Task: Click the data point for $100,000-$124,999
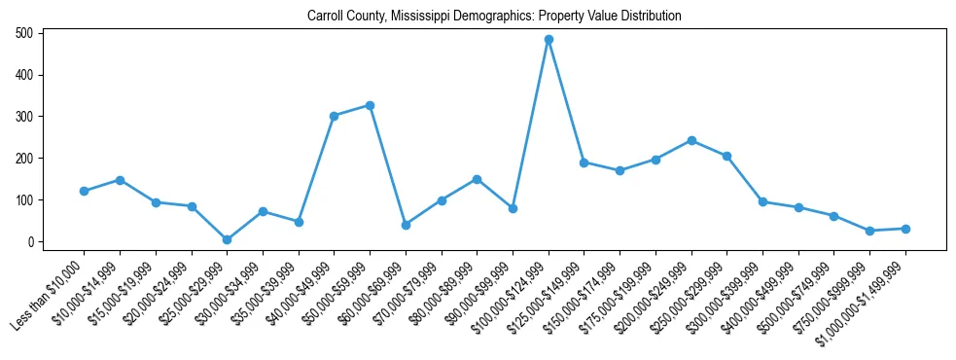click(549, 40)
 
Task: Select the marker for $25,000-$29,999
click(227, 239)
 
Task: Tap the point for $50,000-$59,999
click(370, 105)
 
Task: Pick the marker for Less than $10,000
click(84, 191)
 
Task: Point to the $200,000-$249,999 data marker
click(691, 140)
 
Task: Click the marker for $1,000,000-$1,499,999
click(905, 229)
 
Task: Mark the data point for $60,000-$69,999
click(406, 225)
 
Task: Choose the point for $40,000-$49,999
click(334, 116)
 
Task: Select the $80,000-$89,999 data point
click(477, 179)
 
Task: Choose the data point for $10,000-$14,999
click(120, 180)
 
